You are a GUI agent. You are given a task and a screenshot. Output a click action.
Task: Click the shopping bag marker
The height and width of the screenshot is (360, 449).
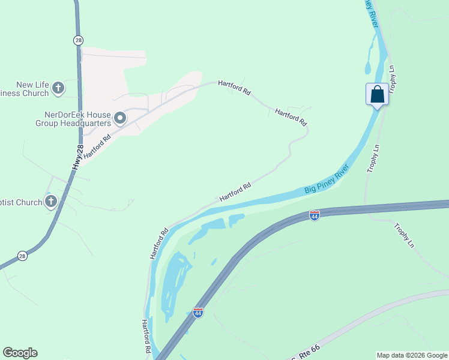click(x=377, y=95)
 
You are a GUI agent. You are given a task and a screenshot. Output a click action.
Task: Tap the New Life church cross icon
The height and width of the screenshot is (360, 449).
click(x=58, y=89)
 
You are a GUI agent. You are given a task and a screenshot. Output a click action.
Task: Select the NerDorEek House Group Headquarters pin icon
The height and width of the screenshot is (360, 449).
click(x=120, y=118)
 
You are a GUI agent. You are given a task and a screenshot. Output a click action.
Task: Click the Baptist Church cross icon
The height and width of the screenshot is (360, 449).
click(x=52, y=202)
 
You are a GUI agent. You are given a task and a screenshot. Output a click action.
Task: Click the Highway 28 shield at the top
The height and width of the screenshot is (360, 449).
click(x=79, y=40)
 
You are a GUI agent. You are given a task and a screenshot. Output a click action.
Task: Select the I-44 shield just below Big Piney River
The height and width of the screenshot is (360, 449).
click(x=314, y=215)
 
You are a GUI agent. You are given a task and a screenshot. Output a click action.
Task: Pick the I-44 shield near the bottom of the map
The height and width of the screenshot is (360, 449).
click(x=198, y=312)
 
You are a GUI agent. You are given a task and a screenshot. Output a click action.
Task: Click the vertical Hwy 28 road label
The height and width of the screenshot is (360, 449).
click(x=78, y=158)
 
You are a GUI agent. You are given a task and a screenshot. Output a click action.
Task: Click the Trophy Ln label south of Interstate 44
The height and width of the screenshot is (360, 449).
click(x=404, y=235)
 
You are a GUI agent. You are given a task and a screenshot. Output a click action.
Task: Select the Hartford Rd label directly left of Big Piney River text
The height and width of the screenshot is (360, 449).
click(x=235, y=192)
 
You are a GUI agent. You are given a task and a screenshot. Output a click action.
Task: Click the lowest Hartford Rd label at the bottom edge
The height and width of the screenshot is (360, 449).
click(x=146, y=335)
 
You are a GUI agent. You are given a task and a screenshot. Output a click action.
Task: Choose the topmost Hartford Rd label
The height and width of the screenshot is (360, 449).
click(x=234, y=87)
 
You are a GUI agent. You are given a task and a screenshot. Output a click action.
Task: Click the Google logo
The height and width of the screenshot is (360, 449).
click(x=20, y=353)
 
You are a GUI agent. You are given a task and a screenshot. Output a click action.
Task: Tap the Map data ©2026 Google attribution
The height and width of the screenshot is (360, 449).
click(x=412, y=355)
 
